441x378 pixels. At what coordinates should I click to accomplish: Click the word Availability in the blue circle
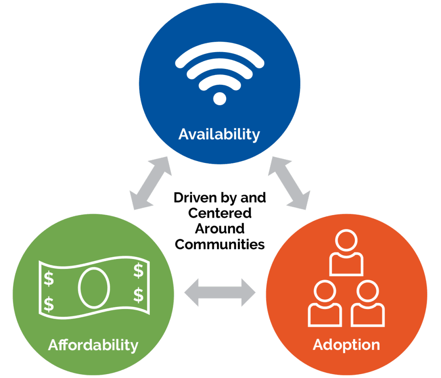(219, 134)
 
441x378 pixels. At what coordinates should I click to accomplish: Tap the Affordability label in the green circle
(93, 345)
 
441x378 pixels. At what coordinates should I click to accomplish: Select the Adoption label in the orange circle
(346, 345)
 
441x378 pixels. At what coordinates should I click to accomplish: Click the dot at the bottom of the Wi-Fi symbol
(220, 99)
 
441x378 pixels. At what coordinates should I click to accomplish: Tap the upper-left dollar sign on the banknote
(49, 278)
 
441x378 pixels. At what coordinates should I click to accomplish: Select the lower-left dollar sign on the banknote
(49, 304)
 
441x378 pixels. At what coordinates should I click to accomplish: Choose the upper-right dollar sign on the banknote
(138, 271)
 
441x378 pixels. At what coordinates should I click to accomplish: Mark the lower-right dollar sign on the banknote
(138, 295)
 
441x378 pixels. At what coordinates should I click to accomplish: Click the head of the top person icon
(346, 241)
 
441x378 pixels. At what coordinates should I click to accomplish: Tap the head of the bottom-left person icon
(325, 291)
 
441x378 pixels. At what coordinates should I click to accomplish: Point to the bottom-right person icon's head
(368, 291)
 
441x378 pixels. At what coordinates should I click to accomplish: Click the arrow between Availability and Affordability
(150, 183)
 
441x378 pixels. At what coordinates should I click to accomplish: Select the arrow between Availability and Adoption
(289, 183)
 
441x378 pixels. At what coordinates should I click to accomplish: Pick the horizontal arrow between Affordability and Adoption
(220, 292)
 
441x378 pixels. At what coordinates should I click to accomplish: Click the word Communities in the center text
(220, 244)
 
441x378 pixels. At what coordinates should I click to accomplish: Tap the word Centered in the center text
(220, 213)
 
